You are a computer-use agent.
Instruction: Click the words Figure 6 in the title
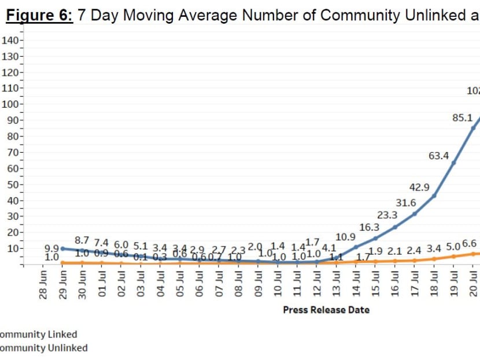[x=39, y=16]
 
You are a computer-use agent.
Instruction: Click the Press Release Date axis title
[x=326, y=310]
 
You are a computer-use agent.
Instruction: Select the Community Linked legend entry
[x=38, y=335]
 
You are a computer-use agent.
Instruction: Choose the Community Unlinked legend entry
[x=43, y=348]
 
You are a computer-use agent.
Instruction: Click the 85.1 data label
[x=462, y=118]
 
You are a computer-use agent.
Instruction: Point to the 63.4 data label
[x=439, y=155]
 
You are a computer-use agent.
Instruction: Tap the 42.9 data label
[x=419, y=187]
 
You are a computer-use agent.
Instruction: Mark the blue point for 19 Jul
[x=454, y=163]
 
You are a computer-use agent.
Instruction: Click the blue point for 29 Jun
[x=62, y=249]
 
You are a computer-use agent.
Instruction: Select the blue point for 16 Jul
[x=395, y=227]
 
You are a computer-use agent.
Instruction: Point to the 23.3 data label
[x=387, y=215]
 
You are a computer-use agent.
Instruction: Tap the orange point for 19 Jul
[x=454, y=256]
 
